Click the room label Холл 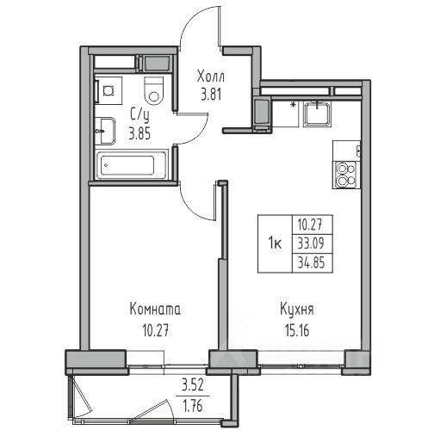(211, 77)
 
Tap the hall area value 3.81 (211, 95)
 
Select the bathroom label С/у (139, 116)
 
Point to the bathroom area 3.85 (139, 133)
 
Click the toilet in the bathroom (154, 90)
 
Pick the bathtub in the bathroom (132, 165)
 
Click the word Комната (155, 310)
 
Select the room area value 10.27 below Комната (155, 330)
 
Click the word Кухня (297, 310)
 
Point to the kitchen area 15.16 (297, 330)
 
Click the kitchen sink (317, 114)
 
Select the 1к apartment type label (275, 244)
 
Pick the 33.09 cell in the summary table (311, 243)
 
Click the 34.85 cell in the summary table (311, 262)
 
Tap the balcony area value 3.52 (192, 385)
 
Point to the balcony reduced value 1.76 (192, 406)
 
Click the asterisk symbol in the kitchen (293, 105)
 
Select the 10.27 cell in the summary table (311, 224)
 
